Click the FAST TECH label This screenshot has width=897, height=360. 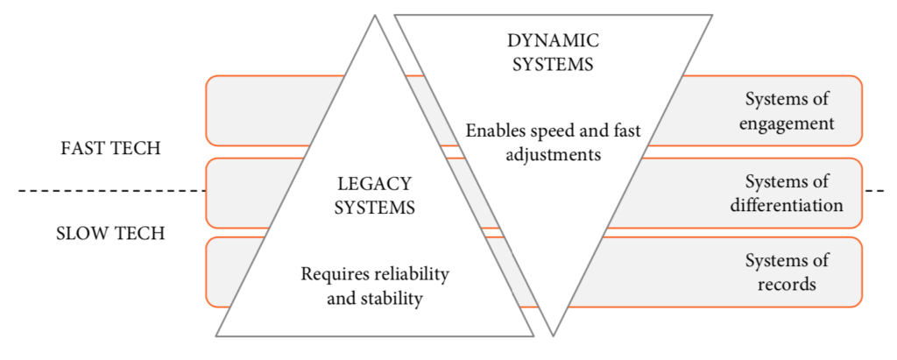(x=110, y=148)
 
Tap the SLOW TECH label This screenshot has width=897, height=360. (x=110, y=234)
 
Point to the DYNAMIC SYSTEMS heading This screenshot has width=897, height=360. (x=552, y=52)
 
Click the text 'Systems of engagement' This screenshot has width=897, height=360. (x=786, y=110)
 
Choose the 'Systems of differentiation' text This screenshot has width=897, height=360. (x=786, y=194)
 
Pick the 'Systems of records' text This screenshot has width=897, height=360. (x=786, y=272)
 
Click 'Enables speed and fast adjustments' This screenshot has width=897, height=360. (x=553, y=143)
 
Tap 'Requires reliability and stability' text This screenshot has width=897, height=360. (x=374, y=286)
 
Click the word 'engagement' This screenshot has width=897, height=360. (x=786, y=124)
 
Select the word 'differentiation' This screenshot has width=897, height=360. (x=786, y=206)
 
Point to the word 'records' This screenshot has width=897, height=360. (x=786, y=285)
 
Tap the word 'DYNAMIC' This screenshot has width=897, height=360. (x=552, y=39)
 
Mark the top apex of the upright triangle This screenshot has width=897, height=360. (x=375, y=16)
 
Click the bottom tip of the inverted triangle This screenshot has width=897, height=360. (x=554, y=335)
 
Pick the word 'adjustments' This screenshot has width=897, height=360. (x=553, y=155)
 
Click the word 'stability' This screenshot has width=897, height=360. (x=392, y=299)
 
